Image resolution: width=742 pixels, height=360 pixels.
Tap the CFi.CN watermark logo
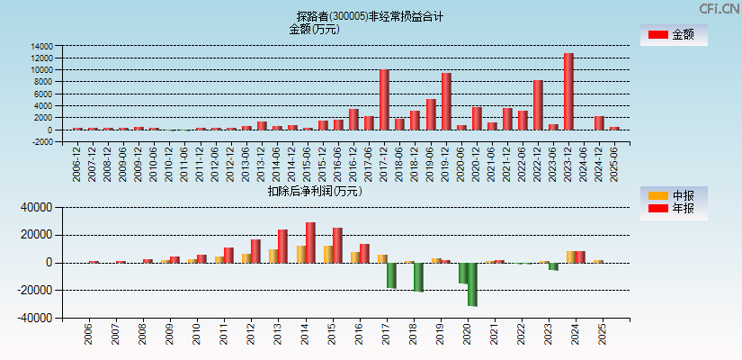click(x=719, y=9)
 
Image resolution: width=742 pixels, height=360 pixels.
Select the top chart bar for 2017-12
click(x=384, y=100)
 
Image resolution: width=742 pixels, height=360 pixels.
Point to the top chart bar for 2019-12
click(x=446, y=102)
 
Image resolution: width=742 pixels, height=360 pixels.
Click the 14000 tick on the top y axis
click(x=40, y=46)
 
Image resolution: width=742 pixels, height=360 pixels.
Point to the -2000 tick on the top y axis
click(x=40, y=142)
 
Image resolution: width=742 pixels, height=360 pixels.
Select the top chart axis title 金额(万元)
click(x=314, y=29)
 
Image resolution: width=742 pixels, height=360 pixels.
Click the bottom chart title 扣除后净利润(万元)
click(x=314, y=191)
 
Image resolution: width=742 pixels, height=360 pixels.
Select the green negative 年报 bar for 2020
click(x=472, y=284)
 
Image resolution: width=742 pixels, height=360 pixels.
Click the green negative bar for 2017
click(x=391, y=275)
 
